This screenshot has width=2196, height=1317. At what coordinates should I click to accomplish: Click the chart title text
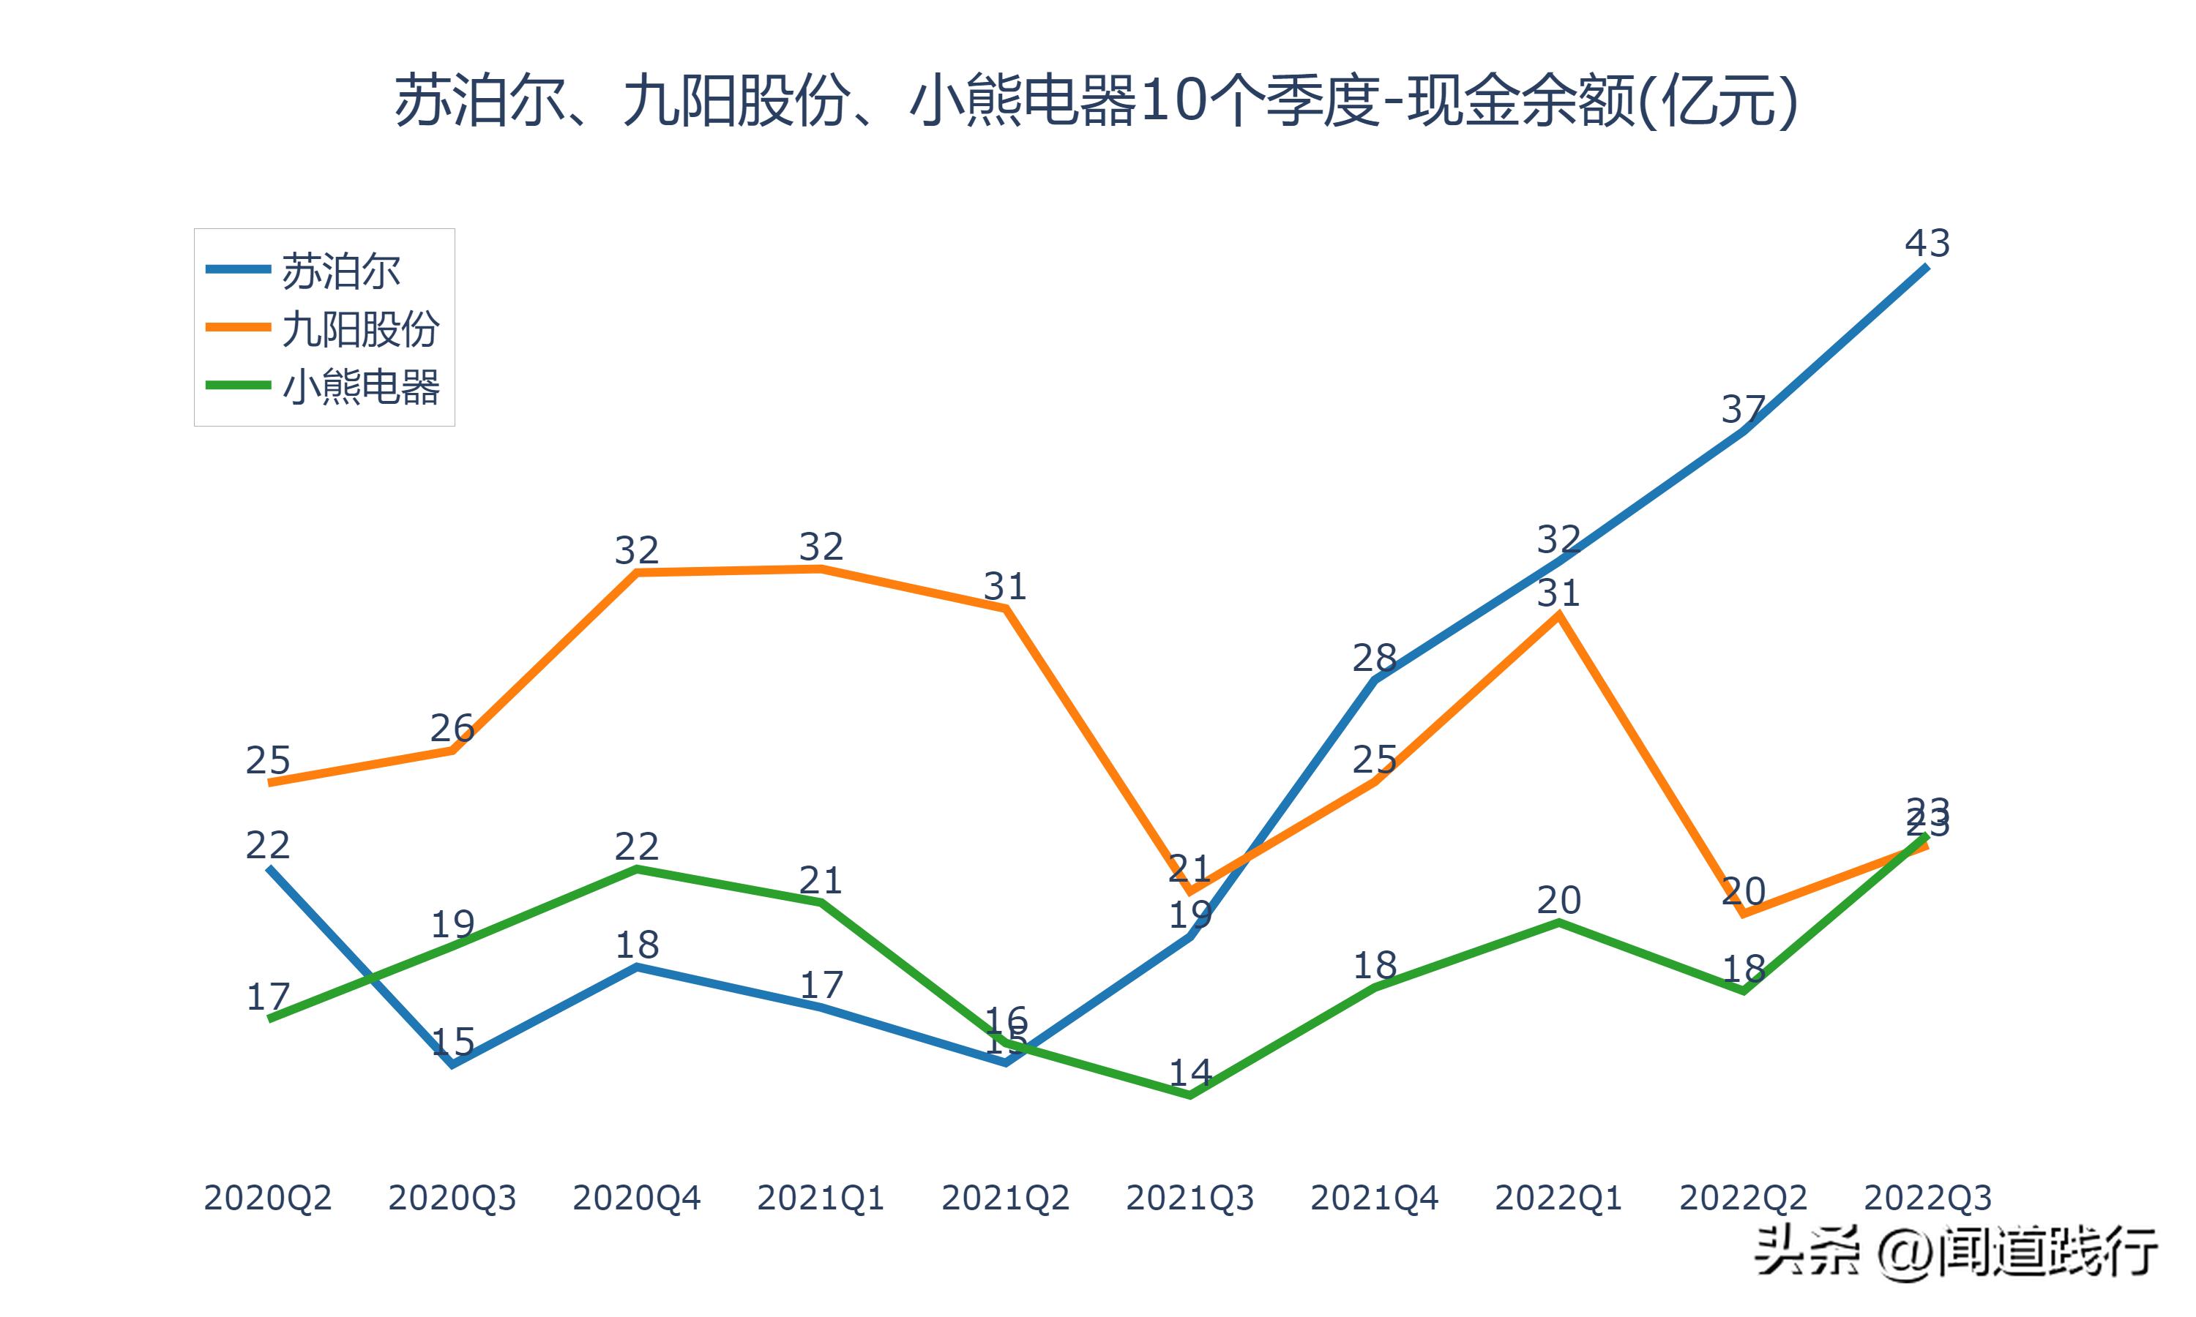[x=1097, y=101]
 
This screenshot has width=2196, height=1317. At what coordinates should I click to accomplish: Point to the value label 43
[x=1927, y=243]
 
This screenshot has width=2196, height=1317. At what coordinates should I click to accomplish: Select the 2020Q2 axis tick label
[x=267, y=1198]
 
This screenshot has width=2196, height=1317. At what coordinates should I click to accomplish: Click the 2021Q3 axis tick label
[x=1189, y=1198]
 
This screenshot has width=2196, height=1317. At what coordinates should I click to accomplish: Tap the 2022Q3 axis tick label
[x=1927, y=1198]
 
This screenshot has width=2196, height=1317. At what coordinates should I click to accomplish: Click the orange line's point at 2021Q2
[x=1005, y=608]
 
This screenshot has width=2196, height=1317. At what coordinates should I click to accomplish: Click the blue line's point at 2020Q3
[x=452, y=1064]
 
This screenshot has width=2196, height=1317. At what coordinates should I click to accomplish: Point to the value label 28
[x=1374, y=658]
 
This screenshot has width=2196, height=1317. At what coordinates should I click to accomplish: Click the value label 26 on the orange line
[x=452, y=728]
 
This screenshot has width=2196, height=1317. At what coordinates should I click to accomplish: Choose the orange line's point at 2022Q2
[x=1744, y=913]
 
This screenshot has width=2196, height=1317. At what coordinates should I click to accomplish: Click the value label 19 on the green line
[x=452, y=925]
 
